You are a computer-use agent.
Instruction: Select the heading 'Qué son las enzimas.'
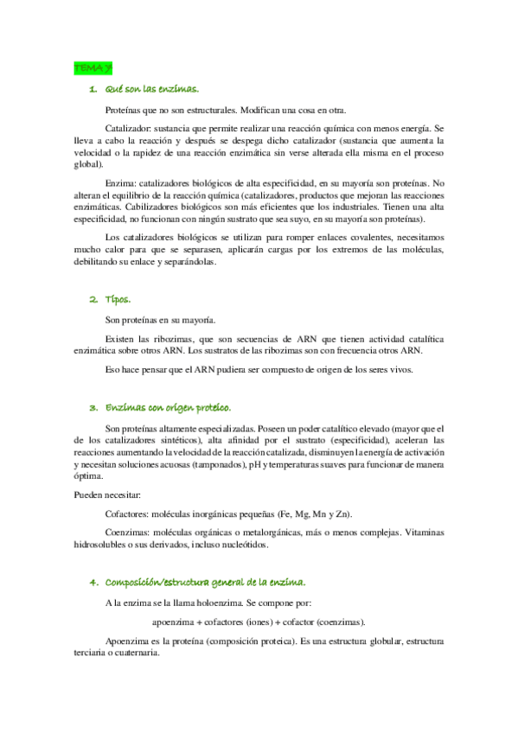click(151, 89)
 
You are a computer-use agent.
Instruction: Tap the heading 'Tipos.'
click(118, 299)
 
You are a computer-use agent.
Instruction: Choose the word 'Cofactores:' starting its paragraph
click(129, 513)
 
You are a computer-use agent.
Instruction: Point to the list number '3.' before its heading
click(93, 407)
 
